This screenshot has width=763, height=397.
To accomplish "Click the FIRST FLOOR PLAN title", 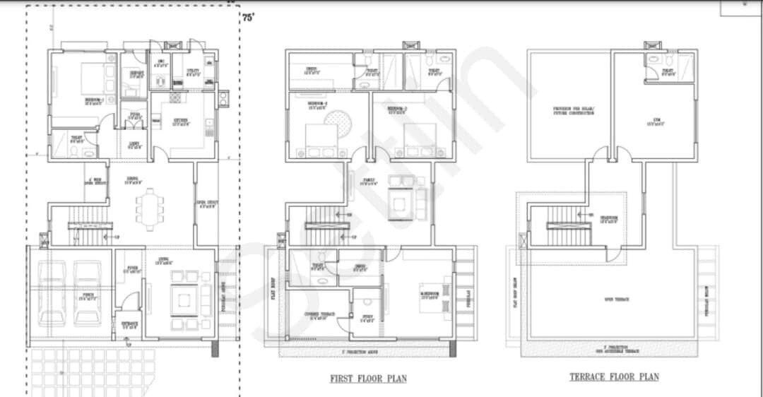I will coord(368,379).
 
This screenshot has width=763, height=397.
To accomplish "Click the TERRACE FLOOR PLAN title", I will coord(614,377).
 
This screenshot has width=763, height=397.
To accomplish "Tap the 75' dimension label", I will coord(248,20).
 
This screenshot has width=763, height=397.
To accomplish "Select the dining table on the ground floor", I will coord(149,208).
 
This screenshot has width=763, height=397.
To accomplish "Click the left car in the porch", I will coord(52,292).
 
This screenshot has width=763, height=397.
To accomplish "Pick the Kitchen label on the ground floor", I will coord(181,121).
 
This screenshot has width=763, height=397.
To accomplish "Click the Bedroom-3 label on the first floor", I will coord(396,109).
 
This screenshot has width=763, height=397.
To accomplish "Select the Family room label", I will coord(369,181).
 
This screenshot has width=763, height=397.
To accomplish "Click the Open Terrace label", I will coord(616,300).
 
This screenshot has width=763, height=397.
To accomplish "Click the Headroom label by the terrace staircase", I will coord(609,218).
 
